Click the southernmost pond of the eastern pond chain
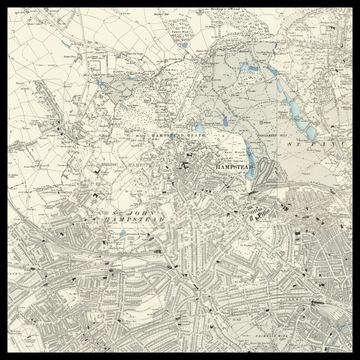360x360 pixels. coord(310,132)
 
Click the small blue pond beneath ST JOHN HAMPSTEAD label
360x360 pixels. coord(121,236)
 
